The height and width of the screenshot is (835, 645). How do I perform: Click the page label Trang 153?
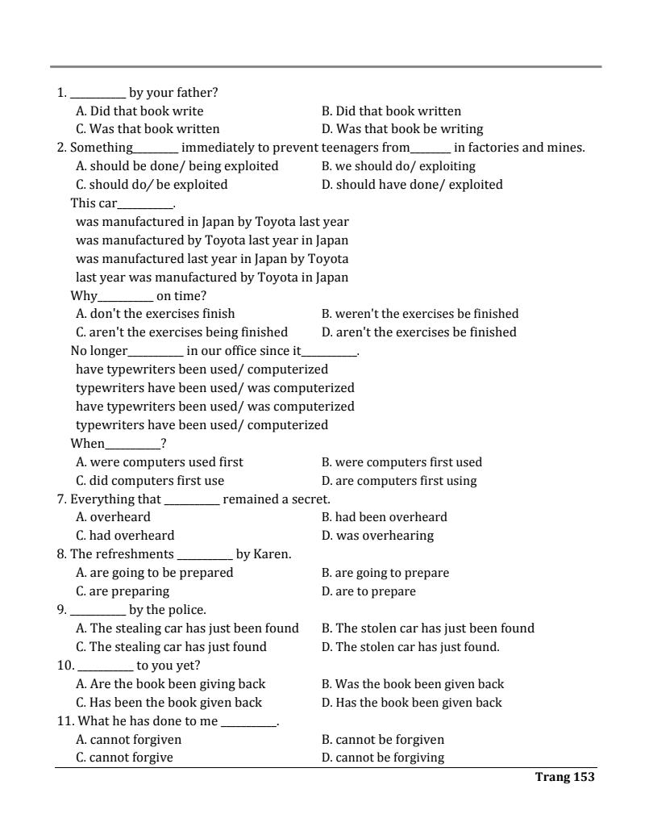click(x=564, y=777)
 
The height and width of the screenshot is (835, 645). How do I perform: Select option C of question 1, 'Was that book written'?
click(x=148, y=129)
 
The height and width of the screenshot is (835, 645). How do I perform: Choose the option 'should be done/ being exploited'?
click(x=177, y=166)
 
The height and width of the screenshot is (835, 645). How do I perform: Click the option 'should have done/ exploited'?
click(x=412, y=185)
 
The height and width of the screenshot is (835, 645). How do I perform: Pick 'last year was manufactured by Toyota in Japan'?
click(x=212, y=278)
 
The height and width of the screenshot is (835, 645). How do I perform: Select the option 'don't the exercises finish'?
click(x=156, y=314)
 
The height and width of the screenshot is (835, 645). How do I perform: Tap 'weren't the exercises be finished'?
click(x=420, y=314)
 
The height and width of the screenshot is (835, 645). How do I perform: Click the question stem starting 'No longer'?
click(x=214, y=351)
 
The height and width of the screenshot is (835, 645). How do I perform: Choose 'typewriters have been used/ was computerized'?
click(x=215, y=388)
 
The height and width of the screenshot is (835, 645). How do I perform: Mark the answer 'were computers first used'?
click(x=402, y=462)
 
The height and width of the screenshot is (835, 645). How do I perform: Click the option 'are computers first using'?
click(x=399, y=481)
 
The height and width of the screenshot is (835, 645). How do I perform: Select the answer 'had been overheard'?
click(x=384, y=517)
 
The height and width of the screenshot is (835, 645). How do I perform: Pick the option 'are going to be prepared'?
click(x=155, y=573)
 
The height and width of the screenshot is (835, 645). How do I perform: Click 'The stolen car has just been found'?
click(x=428, y=628)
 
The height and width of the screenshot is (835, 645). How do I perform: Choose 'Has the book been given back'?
click(x=411, y=703)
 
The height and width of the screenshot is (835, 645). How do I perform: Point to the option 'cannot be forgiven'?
click(x=383, y=740)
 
